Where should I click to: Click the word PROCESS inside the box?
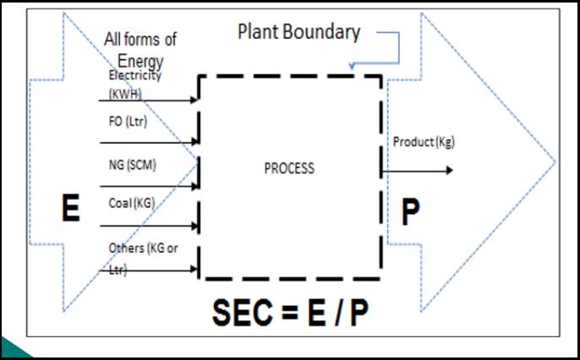coord(289,168)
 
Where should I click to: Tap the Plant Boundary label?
coord(298,33)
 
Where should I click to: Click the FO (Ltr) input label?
coord(128,123)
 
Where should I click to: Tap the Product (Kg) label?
coord(423,142)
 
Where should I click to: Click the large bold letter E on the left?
coord(71,209)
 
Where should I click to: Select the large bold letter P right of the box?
coord(410,212)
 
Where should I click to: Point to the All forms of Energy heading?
coord(140,50)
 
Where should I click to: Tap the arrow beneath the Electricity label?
coord(149,101)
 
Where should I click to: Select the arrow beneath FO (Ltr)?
coord(149,142)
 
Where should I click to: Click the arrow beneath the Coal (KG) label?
coord(149,226)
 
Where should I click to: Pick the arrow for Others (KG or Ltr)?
coord(149,270)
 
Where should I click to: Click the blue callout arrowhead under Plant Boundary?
coord(353,65)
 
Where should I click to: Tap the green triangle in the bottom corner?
coord(12,348)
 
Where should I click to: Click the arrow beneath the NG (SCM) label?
coord(149,185)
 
